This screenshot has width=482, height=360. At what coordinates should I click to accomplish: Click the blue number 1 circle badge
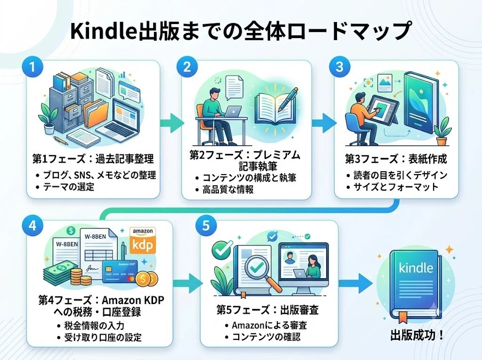(32, 67)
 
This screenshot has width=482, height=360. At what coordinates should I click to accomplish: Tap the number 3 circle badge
(339, 67)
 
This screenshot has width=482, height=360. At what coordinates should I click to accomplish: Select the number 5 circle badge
(206, 226)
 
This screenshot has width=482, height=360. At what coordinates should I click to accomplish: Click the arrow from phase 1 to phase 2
(172, 123)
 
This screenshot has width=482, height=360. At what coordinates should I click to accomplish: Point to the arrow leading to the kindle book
(355, 283)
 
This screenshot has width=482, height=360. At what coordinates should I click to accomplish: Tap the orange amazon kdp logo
(143, 240)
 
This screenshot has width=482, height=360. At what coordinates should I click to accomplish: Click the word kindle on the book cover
(416, 267)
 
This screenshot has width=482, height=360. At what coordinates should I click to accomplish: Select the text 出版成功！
(417, 335)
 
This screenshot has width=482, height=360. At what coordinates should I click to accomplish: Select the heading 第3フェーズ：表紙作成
(396, 159)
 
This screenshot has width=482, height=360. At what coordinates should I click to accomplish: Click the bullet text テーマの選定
(69, 187)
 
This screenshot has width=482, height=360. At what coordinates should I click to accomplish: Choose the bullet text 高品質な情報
(228, 189)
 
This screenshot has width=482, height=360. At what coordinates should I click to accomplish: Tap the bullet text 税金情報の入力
(94, 325)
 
